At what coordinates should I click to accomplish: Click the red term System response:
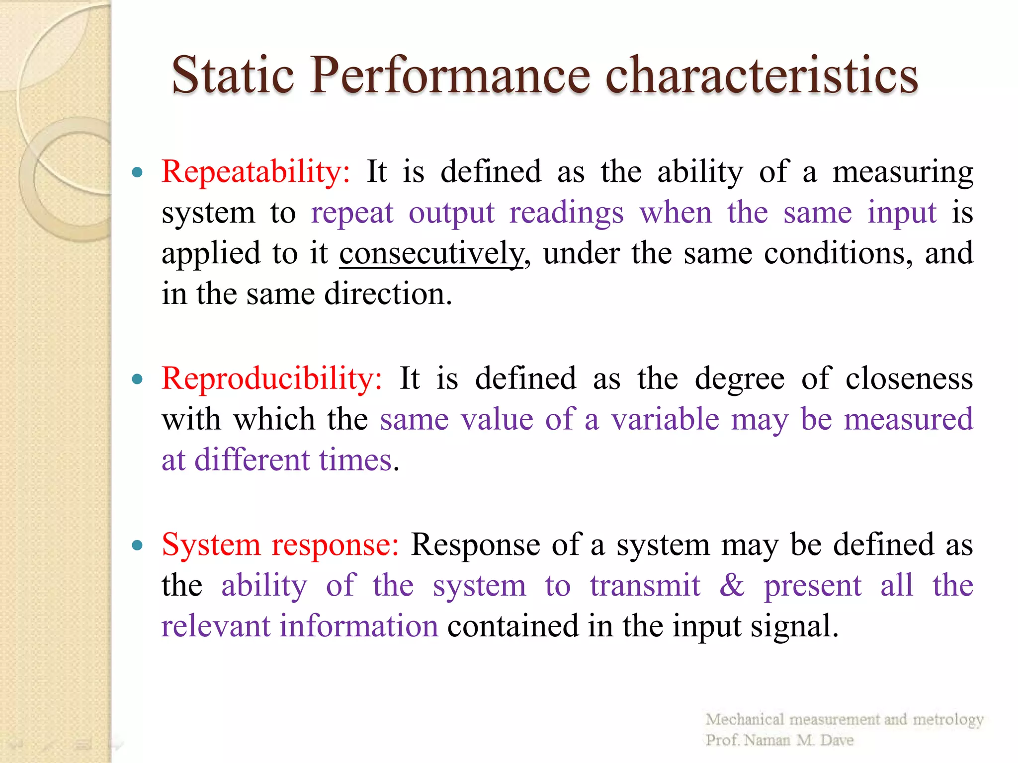pos(280,544)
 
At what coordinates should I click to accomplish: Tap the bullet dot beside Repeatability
pos(138,173)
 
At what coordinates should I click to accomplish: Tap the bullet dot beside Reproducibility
pos(138,380)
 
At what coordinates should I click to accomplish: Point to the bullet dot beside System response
pos(138,545)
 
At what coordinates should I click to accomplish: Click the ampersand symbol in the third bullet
pos(732,585)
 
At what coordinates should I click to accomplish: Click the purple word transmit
pos(645,585)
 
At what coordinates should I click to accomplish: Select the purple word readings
pos(566,214)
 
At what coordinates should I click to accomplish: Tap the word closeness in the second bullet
pos(909,379)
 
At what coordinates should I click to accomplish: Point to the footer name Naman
pos(767,740)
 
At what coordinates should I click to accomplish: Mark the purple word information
pos(359,626)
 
